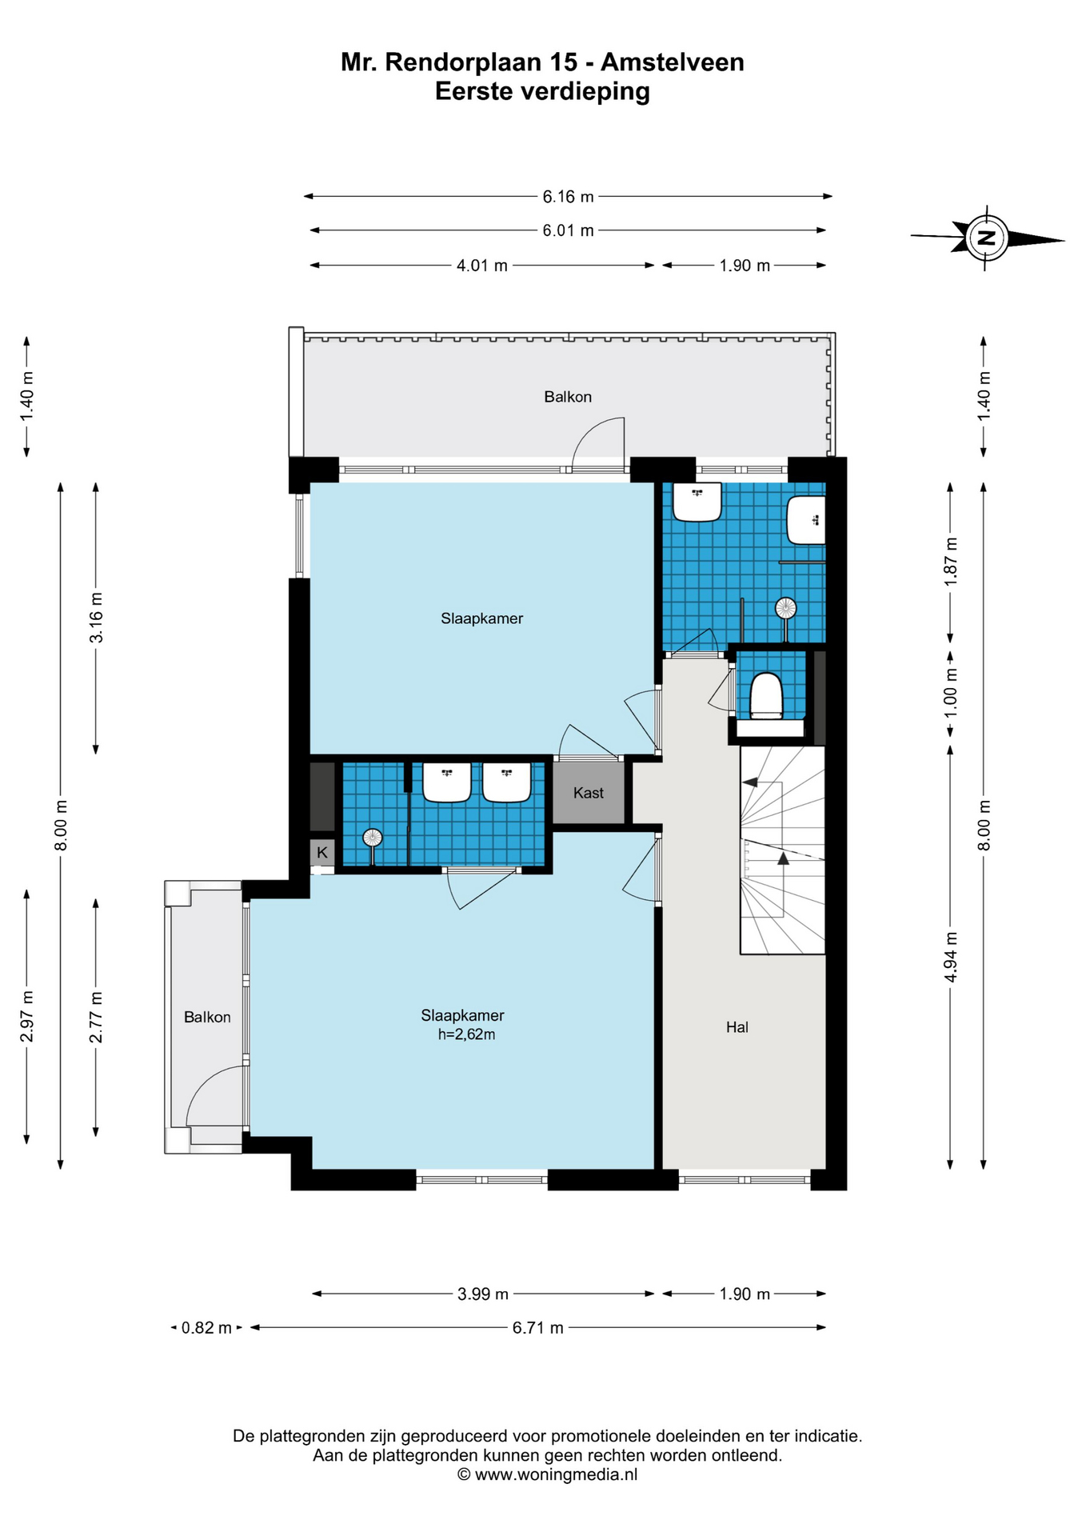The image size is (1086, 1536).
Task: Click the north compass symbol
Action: (x=987, y=238)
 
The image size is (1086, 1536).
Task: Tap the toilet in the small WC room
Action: (x=765, y=695)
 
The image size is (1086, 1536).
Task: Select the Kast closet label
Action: (x=589, y=793)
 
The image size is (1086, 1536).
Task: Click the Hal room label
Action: (x=737, y=1027)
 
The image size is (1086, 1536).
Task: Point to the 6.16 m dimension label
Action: (x=568, y=196)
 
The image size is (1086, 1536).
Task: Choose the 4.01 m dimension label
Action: (x=482, y=266)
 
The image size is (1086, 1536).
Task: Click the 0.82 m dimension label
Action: (x=206, y=1328)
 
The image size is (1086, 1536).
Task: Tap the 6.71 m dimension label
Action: (x=538, y=1328)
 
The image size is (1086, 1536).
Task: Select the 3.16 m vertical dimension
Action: (x=96, y=618)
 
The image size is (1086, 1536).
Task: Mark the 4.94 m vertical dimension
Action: (x=951, y=957)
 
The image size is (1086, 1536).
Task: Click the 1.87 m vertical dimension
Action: (x=951, y=561)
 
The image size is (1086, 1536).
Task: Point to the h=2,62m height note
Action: (x=466, y=1034)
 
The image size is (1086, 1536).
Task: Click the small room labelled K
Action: (x=322, y=852)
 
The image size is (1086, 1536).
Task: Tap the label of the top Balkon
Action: (x=568, y=397)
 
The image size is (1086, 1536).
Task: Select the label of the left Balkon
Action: (x=207, y=1017)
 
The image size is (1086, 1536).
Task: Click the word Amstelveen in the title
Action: (x=673, y=62)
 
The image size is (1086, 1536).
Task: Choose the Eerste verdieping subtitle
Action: (x=542, y=92)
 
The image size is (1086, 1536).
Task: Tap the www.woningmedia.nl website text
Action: (x=557, y=1474)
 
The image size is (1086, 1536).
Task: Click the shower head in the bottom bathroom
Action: (x=373, y=838)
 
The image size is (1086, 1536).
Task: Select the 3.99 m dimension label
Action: (x=483, y=1294)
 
